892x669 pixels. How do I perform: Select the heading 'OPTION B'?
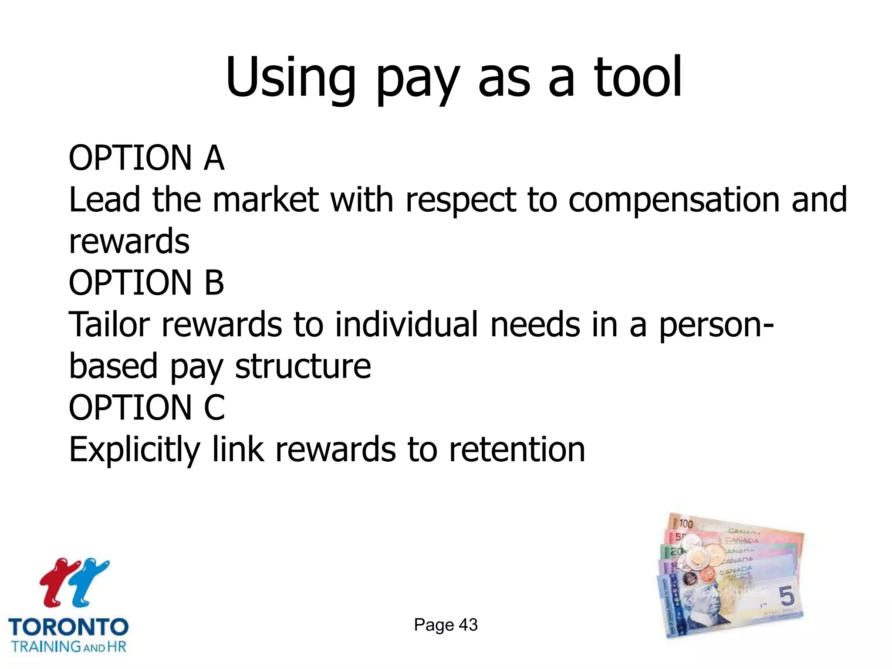tap(146, 283)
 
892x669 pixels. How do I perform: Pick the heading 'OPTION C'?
tap(147, 408)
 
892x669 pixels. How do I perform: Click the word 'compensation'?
tap(674, 200)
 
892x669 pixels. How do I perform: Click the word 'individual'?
tap(407, 325)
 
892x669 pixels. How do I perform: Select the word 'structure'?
tap(303, 366)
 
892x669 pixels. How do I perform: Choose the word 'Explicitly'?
tap(134, 450)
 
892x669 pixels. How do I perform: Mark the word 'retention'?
tap(517, 450)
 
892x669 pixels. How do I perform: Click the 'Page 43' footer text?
tap(446, 625)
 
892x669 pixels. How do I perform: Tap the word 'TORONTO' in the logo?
tap(68, 627)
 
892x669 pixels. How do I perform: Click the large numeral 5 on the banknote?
tap(786, 596)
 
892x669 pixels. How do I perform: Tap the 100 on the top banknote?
tap(685, 524)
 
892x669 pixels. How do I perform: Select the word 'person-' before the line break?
tap(716, 325)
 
